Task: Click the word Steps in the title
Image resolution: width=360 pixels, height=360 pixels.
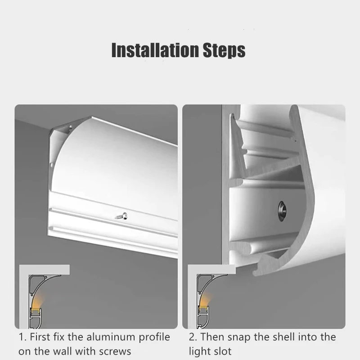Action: (224, 50)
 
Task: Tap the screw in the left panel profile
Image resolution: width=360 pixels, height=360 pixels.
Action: (121, 216)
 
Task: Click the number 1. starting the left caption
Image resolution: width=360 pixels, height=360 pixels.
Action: (22, 337)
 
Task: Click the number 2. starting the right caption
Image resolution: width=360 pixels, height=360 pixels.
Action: (193, 337)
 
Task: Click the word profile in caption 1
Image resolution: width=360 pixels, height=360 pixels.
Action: (154, 337)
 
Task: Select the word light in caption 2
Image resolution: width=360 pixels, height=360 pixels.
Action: (198, 352)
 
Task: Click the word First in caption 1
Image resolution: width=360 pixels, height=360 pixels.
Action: (40, 337)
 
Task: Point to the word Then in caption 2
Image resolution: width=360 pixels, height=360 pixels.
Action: (212, 337)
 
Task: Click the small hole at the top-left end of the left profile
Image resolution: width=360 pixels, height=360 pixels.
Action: (70, 127)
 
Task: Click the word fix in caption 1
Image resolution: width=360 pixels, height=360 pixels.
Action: (59, 337)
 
